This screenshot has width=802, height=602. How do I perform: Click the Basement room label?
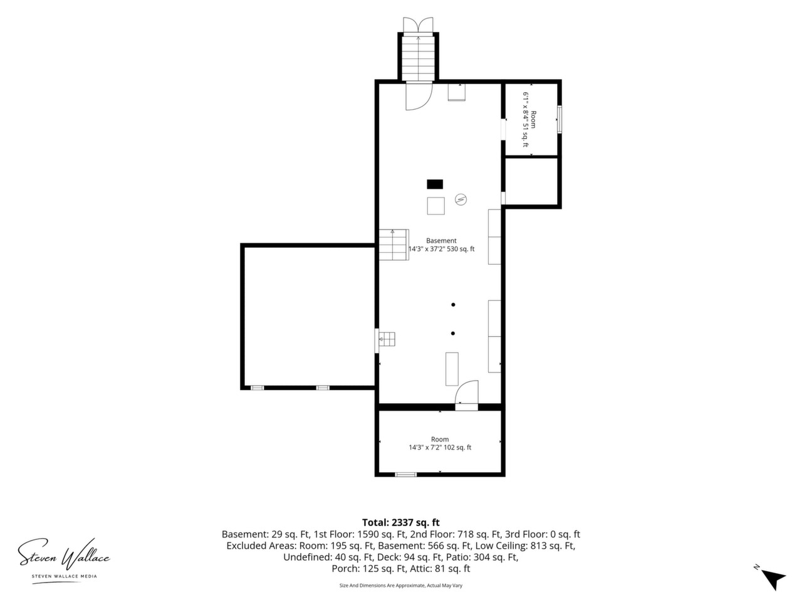click(441, 241)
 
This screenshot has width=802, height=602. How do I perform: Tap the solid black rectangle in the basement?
click(435, 184)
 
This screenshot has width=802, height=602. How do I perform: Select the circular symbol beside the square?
click(461, 199)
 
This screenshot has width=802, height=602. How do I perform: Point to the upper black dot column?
click(453, 305)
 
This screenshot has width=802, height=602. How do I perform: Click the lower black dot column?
click(453, 334)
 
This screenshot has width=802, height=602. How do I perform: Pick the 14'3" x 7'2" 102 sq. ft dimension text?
click(440, 447)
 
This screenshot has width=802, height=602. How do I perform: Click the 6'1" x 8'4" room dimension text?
click(526, 120)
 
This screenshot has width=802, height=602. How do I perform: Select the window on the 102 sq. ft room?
click(406, 475)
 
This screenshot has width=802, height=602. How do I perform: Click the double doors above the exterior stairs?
click(419, 25)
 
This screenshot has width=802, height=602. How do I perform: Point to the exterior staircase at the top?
click(419, 58)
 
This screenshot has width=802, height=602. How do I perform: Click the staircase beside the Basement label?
click(393, 245)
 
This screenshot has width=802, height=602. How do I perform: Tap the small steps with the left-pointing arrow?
click(387, 339)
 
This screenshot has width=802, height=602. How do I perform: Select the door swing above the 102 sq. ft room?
click(467, 393)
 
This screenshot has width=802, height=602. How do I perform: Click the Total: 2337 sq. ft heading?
click(401, 522)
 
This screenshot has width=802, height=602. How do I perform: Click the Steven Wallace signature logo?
click(64, 554)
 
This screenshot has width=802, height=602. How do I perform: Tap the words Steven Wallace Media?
click(65, 576)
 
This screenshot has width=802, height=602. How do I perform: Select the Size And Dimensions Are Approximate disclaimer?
click(401, 586)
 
